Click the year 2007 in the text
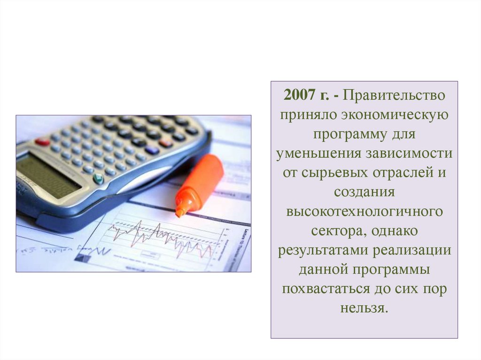click(298, 96)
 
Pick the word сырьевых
click(334, 173)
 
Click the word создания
click(364, 192)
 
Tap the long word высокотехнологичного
click(364, 211)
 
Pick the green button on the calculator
click(99, 178)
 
